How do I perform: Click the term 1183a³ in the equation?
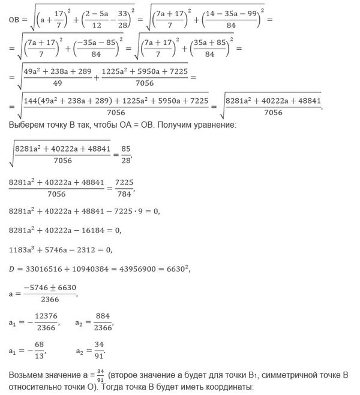[25, 249]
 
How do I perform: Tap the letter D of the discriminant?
[12, 269]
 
